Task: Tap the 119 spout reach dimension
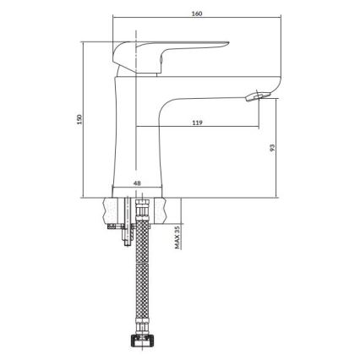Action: coord(196,123)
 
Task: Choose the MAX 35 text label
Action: coord(177,236)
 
